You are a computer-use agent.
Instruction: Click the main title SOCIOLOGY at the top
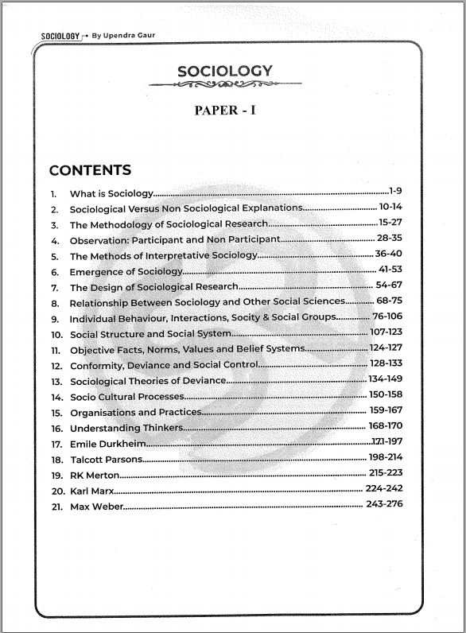coord(224,72)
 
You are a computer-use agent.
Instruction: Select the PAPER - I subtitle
coord(225,111)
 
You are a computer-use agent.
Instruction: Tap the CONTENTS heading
coord(90,171)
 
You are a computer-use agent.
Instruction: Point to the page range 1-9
coord(396,192)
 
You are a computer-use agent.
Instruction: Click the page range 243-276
coord(385,505)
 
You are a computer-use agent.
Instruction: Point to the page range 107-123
coord(386,332)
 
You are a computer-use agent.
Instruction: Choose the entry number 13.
coord(56,382)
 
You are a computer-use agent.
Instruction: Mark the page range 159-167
coord(386,410)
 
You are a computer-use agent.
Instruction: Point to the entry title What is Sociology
coord(111,194)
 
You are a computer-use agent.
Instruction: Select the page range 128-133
coord(386,363)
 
